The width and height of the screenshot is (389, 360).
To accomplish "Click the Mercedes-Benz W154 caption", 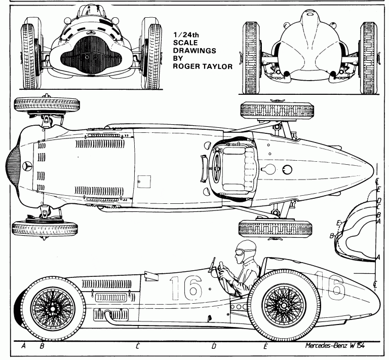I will pos(335,346).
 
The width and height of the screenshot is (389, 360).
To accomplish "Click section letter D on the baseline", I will pos(214,346).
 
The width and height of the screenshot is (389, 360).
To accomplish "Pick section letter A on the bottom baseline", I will pos(24,346).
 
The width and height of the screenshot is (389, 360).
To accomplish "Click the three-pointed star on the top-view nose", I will pos(27,166).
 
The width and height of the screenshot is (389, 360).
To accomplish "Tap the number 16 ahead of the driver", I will pos(185,288).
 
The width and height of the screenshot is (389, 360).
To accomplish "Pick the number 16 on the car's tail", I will pos(329,287).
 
